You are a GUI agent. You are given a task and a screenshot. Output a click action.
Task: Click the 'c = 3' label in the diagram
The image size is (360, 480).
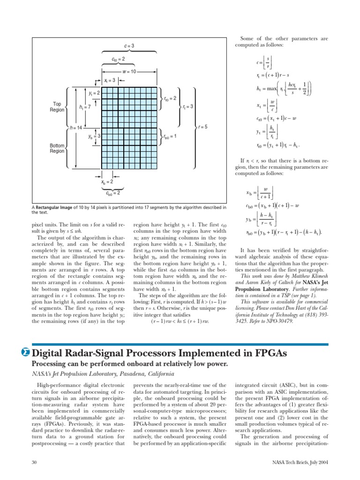(129, 46)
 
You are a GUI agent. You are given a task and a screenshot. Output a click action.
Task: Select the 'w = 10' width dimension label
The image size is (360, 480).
(129, 72)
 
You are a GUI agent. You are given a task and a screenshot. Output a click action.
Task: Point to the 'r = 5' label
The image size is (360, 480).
(202, 127)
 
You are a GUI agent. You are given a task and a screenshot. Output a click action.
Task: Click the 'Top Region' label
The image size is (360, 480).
(57, 107)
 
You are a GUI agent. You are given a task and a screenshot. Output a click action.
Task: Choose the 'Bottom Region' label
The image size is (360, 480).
(57, 149)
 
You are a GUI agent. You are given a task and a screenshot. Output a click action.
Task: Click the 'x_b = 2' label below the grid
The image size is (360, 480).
(107, 181)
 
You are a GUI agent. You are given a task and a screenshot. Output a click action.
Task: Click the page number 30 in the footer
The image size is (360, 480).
(34, 462)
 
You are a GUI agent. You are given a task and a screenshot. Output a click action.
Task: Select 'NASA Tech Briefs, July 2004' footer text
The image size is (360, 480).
(300, 462)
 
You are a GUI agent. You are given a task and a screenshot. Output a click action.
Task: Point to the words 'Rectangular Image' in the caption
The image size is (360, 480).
(55, 207)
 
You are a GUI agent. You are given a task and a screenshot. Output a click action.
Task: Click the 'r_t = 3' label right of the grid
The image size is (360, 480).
(187, 107)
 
